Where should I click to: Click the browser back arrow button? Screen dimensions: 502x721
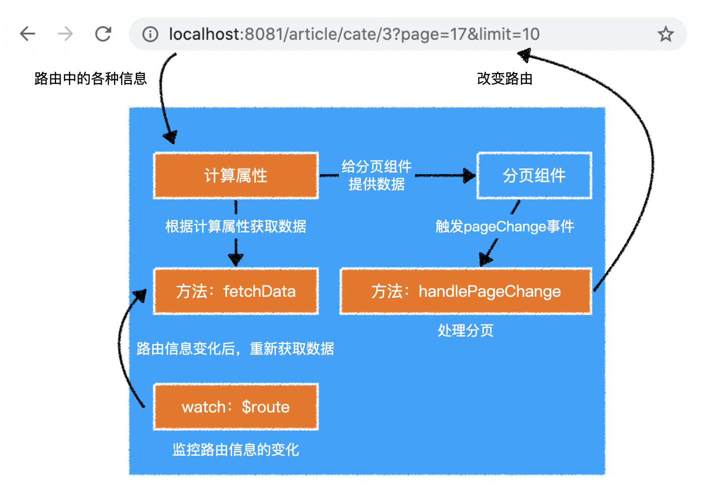[x=28, y=34]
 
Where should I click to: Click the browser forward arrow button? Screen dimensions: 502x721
[x=65, y=34]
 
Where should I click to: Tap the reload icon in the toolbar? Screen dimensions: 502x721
[x=103, y=34]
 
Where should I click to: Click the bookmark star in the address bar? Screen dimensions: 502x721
[x=666, y=34]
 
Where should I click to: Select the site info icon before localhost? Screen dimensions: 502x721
[x=150, y=34]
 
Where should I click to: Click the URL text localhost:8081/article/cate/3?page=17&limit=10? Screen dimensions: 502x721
[x=354, y=34]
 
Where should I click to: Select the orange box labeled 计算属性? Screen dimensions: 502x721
[x=236, y=176]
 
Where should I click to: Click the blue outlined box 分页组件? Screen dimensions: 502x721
[x=534, y=176]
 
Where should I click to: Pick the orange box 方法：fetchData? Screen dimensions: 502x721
[x=236, y=291]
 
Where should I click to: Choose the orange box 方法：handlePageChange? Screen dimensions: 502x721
[x=466, y=291]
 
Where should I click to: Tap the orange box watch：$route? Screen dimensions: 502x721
[x=236, y=406]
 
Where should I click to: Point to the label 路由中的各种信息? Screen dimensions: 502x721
[x=91, y=78]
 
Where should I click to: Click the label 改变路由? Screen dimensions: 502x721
[x=504, y=78]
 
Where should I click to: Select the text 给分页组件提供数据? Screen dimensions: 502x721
[x=377, y=175]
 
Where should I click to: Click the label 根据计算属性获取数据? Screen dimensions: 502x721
[x=236, y=226]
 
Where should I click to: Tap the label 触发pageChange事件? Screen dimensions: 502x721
[x=504, y=226]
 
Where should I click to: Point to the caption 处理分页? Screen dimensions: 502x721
[x=466, y=330]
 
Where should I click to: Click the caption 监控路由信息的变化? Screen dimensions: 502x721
[x=236, y=449]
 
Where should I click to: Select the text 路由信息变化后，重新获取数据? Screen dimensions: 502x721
[x=235, y=349]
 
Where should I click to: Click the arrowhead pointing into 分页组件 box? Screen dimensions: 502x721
[x=470, y=176]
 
